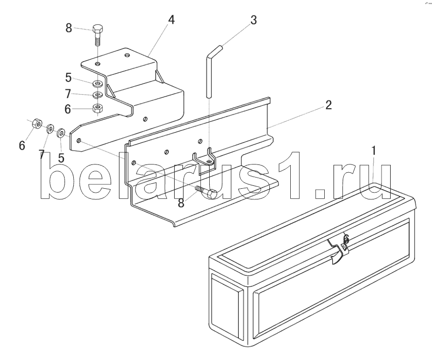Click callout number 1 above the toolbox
[x=373, y=151]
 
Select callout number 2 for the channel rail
[x=329, y=105]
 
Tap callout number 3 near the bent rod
[x=253, y=20]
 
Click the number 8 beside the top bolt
[x=69, y=28]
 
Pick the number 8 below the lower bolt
[x=181, y=203]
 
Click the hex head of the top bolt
[x=97, y=28]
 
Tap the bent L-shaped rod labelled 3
[x=210, y=68]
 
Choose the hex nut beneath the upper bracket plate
[x=98, y=107]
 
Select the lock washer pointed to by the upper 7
[x=98, y=94]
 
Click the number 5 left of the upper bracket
[x=69, y=77]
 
